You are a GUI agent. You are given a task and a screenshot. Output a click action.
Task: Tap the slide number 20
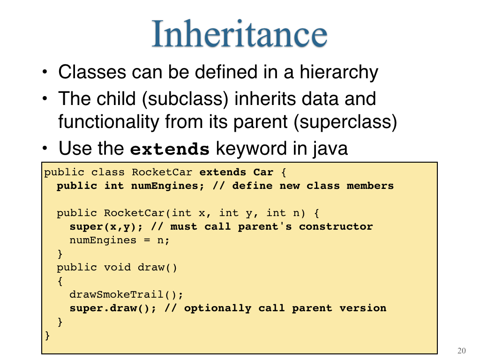462,351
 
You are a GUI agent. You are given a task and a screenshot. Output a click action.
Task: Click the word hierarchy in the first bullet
339,73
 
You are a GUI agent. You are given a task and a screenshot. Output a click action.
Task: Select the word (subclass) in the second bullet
185,99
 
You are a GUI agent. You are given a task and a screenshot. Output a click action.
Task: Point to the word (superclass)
345,122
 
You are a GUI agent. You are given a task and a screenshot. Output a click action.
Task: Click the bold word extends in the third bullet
170,150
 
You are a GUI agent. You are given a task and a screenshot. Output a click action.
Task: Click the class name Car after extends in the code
263,172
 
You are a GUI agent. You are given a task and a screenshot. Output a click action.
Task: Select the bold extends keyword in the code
223,172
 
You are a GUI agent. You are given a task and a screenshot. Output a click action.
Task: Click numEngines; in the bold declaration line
167,186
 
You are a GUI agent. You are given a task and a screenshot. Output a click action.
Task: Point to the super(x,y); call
106,227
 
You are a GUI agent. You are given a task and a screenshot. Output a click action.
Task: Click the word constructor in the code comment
336,226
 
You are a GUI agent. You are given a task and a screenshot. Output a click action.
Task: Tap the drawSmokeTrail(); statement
126,294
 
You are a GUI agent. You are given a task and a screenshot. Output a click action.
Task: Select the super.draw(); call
112,308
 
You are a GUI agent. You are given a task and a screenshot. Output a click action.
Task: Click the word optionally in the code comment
217,308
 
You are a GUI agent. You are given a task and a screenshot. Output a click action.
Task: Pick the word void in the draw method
117,267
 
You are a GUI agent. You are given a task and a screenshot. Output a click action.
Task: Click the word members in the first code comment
370,186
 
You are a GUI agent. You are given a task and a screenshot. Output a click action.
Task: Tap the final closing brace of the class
47,336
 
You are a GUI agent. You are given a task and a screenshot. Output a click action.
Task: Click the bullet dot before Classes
45,72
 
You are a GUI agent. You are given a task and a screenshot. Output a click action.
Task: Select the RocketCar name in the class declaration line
162,172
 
